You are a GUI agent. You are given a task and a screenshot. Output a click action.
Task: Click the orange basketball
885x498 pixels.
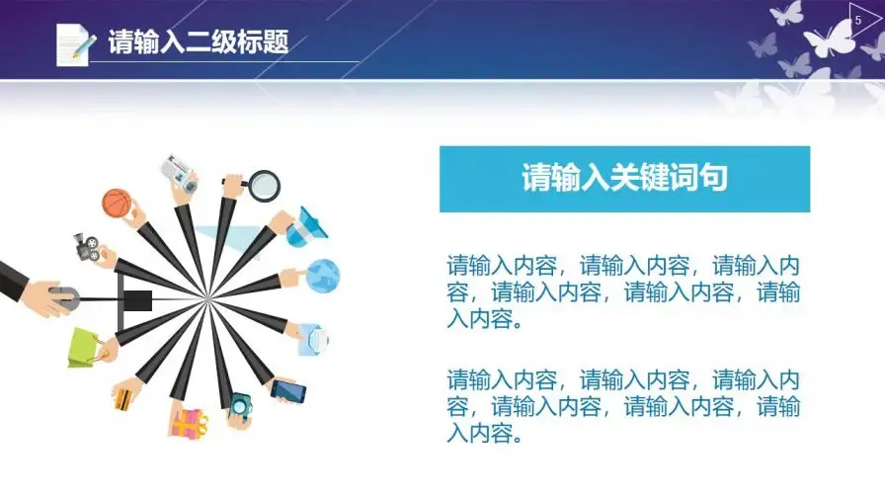[x=117, y=204]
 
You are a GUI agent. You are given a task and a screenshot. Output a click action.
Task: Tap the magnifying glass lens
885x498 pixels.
[x=264, y=185]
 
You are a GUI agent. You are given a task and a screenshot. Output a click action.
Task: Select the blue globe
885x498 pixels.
[x=323, y=276]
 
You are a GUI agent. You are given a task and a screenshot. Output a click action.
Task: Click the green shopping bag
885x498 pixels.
[x=84, y=348]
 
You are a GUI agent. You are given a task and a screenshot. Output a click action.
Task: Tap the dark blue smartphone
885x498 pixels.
[x=288, y=390]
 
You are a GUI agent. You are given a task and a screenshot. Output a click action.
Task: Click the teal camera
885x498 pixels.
[x=241, y=406]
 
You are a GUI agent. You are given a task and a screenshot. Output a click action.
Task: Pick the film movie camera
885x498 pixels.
[x=87, y=247]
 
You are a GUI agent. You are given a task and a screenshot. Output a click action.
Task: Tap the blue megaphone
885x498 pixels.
[x=306, y=227]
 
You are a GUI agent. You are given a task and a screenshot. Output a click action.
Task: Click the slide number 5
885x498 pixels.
[x=858, y=21]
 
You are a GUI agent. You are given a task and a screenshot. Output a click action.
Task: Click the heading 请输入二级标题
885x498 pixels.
[x=199, y=41]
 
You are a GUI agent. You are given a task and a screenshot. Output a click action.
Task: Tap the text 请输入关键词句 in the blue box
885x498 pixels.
[x=624, y=178]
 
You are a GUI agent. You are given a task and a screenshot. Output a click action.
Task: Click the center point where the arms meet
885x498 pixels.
[x=207, y=298]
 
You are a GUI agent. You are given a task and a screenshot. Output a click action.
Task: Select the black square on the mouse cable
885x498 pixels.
[x=137, y=300]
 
